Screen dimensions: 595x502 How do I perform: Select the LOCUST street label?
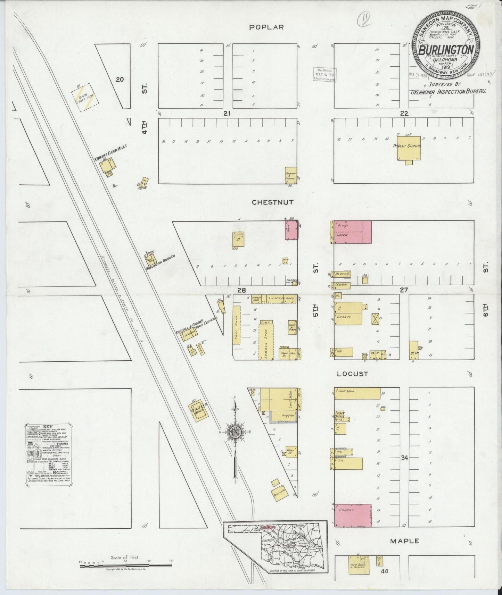tap(352, 374)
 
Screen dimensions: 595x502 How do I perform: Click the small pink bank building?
tap(291, 230)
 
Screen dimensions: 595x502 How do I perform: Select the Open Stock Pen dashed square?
tap(85, 97)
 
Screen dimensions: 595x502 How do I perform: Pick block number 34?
tap(404, 458)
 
